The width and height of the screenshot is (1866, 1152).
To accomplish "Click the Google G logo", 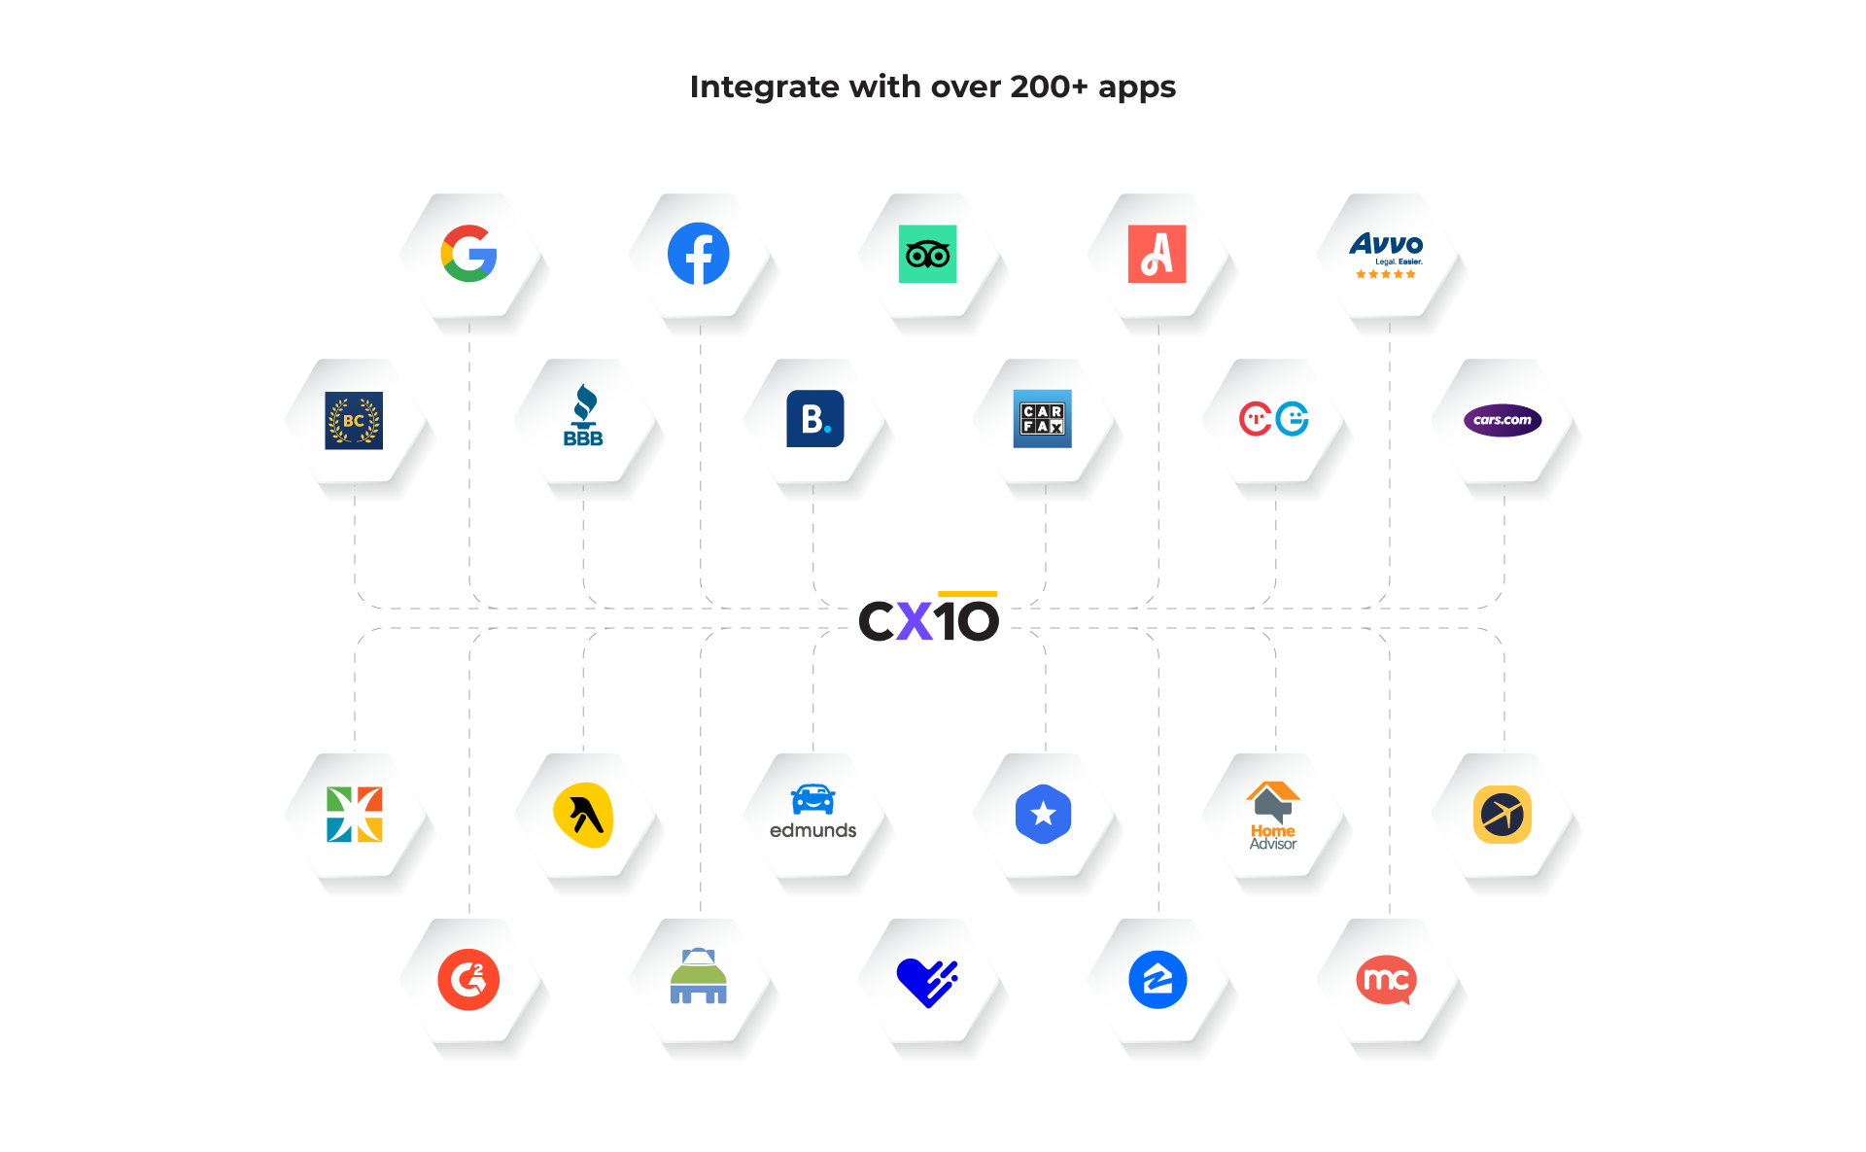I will click(468, 254).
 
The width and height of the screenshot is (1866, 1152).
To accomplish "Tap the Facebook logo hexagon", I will click(698, 254).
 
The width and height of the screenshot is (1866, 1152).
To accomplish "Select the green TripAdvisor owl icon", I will click(927, 255).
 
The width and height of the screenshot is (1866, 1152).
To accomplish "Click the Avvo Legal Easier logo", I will click(1386, 255).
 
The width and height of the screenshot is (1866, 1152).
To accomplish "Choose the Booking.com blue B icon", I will click(814, 419).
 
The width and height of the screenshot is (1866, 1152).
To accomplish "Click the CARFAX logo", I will click(1042, 419).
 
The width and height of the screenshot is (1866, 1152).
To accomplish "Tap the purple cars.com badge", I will click(1502, 420).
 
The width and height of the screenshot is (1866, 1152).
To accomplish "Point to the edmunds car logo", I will click(812, 812).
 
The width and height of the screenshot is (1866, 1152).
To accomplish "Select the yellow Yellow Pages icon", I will click(583, 815).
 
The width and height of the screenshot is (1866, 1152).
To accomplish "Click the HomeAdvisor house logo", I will click(1272, 815).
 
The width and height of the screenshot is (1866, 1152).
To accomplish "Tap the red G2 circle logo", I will click(468, 979).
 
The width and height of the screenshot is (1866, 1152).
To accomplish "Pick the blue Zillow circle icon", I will click(1157, 979).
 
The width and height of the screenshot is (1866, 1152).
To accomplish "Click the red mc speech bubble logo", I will click(1386, 980).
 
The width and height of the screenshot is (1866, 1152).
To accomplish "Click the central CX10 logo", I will click(929, 619).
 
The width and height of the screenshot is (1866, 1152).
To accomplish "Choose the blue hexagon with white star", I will click(1043, 814).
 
